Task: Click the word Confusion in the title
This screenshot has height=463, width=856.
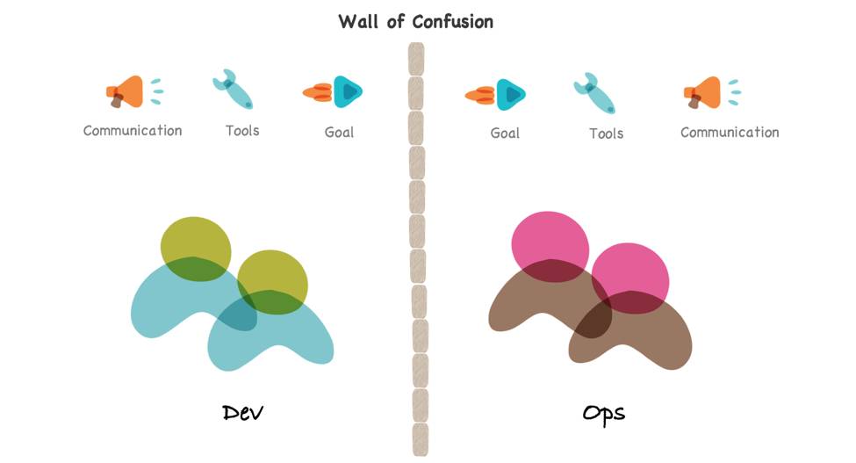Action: coord(452,21)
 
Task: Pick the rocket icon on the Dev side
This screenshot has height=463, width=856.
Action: coord(334,90)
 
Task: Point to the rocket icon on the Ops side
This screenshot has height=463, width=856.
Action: coord(496,94)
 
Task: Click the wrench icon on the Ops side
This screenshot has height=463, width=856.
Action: coord(594,93)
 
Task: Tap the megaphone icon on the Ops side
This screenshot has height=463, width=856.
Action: coord(705,92)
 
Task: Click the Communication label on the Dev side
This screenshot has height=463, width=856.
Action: coord(133,131)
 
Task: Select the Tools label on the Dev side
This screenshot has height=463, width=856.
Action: coord(242,131)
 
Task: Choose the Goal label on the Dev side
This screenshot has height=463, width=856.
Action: coord(339,132)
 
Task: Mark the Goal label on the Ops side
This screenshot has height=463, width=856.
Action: coord(505,134)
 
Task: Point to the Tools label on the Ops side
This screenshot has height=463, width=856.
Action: coord(606,134)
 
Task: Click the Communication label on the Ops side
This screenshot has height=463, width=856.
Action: coord(730,133)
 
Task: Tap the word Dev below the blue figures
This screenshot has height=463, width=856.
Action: coord(243,413)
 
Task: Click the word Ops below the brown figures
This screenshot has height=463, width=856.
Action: coord(604,413)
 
